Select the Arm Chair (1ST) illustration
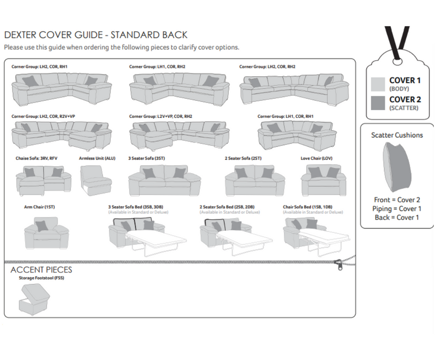(x=42, y=233)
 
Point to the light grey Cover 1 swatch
(x=378, y=84)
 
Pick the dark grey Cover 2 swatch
(x=378, y=102)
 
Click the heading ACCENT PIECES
(x=41, y=270)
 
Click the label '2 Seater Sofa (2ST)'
(x=244, y=158)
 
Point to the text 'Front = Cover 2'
(x=397, y=200)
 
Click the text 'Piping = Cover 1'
(x=397, y=209)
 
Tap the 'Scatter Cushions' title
(x=397, y=135)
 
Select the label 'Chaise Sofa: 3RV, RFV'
(x=37, y=158)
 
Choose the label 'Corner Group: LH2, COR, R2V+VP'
(x=44, y=116)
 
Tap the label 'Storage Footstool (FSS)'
(x=41, y=278)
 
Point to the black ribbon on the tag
(x=397, y=38)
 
